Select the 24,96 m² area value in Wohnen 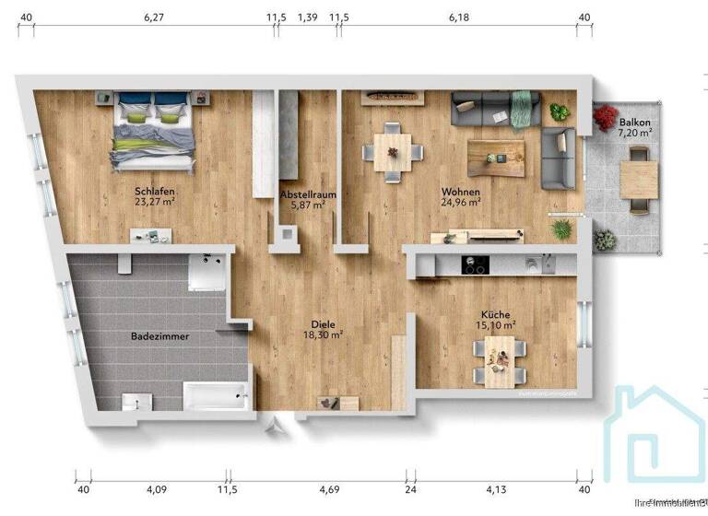[460, 203]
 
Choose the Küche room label [495, 314]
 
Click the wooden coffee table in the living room [494, 158]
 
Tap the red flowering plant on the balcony [606, 117]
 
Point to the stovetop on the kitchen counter [475, 266]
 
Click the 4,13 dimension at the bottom [497, 489]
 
